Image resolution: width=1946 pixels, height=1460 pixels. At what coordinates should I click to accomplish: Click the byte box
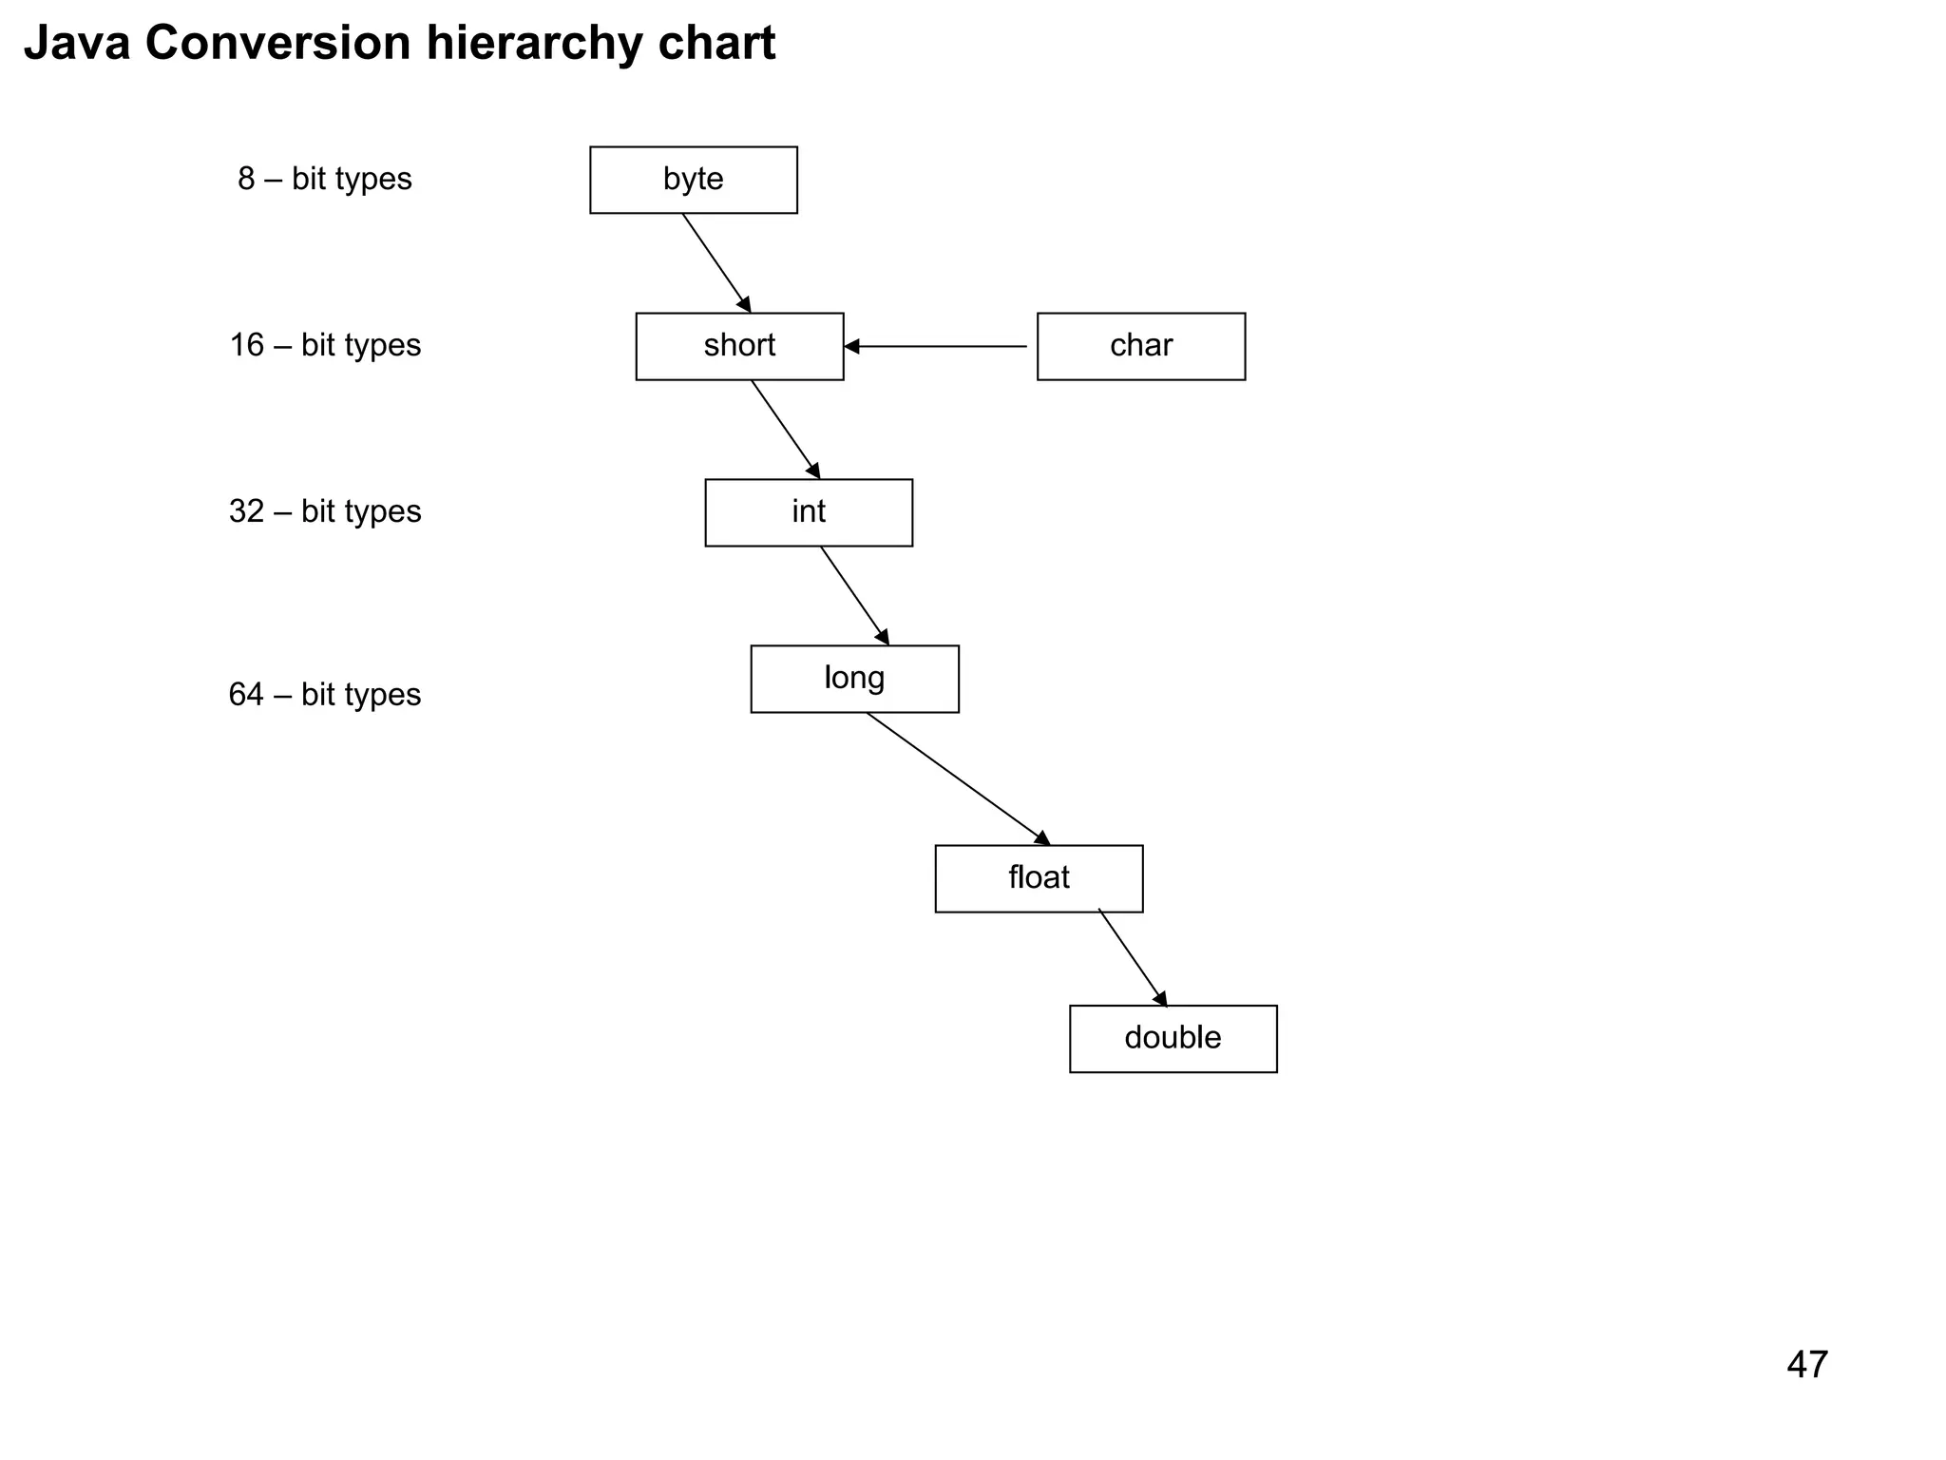693,180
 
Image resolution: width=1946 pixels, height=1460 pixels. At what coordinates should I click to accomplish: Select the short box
739,346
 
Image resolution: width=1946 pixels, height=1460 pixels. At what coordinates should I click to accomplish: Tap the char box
1140,346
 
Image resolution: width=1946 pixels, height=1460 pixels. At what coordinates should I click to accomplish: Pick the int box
809,512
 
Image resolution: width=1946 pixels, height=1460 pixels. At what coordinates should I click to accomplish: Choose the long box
854,679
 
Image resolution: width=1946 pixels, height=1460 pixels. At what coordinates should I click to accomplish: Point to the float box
1039,878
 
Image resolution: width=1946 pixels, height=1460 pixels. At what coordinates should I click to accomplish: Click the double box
1173,1038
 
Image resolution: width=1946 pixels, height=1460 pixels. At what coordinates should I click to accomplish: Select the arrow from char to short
936,346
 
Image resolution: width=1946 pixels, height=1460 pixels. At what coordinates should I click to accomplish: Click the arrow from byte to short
716,262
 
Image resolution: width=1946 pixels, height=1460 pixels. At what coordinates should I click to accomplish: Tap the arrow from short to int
786,430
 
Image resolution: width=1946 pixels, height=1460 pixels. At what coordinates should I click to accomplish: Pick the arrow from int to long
855,596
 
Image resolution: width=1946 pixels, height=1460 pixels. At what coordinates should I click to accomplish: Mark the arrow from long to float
958,778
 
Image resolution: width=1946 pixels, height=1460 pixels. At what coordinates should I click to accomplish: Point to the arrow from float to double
1133,958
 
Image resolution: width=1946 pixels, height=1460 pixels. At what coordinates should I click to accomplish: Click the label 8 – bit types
325,179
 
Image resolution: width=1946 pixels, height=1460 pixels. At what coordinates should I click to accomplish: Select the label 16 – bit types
325,345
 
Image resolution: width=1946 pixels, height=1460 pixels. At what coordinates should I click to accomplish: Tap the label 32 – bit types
325,511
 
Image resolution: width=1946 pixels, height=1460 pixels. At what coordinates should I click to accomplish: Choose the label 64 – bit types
325,695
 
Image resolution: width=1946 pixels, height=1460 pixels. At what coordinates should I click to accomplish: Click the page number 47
1806,1365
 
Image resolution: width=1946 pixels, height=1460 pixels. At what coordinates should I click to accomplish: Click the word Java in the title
77,44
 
